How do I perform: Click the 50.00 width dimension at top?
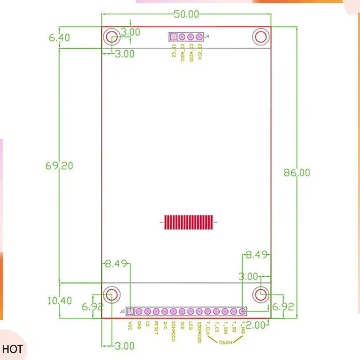pos(186,14)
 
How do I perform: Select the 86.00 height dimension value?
pos(297,172)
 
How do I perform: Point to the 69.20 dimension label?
pos(59,166)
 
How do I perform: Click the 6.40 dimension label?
pos(59,38)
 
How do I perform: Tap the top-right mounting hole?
pos(261,37)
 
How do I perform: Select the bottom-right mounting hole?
pos(261,294)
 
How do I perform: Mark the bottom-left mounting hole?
pos(112,294)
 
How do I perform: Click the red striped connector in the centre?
pos(189,222)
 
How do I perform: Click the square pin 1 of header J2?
pos(130,311)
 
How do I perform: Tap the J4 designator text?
pos(207,36)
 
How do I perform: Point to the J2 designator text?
pos(122,311)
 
